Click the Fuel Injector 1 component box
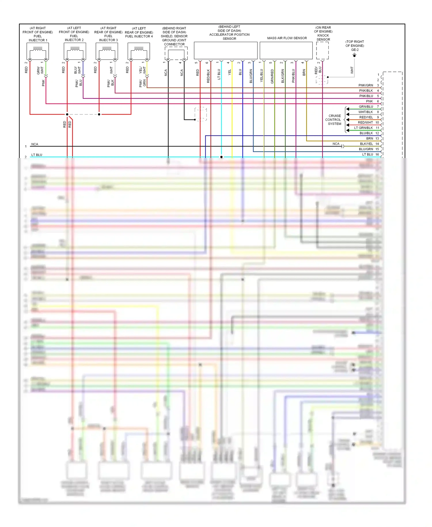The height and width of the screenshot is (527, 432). pos(38,51)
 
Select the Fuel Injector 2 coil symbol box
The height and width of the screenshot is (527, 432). pos(75,51)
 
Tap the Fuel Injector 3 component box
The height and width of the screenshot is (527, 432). pos(107,51)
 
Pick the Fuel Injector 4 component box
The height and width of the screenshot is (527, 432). pos(139,51)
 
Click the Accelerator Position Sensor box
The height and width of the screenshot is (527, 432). pos(226,50)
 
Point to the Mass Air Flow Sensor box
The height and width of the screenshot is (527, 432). pos(286,50)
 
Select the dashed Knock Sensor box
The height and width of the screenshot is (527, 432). pos(322,50)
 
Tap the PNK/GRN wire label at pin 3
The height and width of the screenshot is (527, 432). pos(365,85)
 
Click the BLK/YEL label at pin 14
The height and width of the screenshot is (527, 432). pos(366,144)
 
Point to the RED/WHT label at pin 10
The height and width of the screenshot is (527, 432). pos(365,123)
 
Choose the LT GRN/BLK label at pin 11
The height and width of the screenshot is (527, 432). pos(363,128)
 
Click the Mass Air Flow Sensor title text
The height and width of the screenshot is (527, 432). pos(287,38)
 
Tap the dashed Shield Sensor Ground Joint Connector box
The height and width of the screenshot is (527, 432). pos(176,53)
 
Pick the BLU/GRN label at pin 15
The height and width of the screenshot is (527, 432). pos(366,149)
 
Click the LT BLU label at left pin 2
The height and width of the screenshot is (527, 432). pos(37,155)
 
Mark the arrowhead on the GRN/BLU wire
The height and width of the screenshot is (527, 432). pos(348,109)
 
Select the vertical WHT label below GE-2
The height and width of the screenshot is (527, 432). pos(352,70)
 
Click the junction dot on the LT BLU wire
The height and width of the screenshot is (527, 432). pos(221,157)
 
